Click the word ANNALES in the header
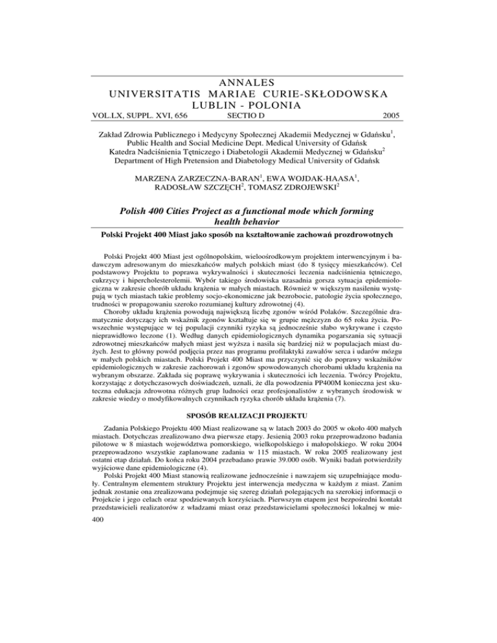[x=248, y=82]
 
